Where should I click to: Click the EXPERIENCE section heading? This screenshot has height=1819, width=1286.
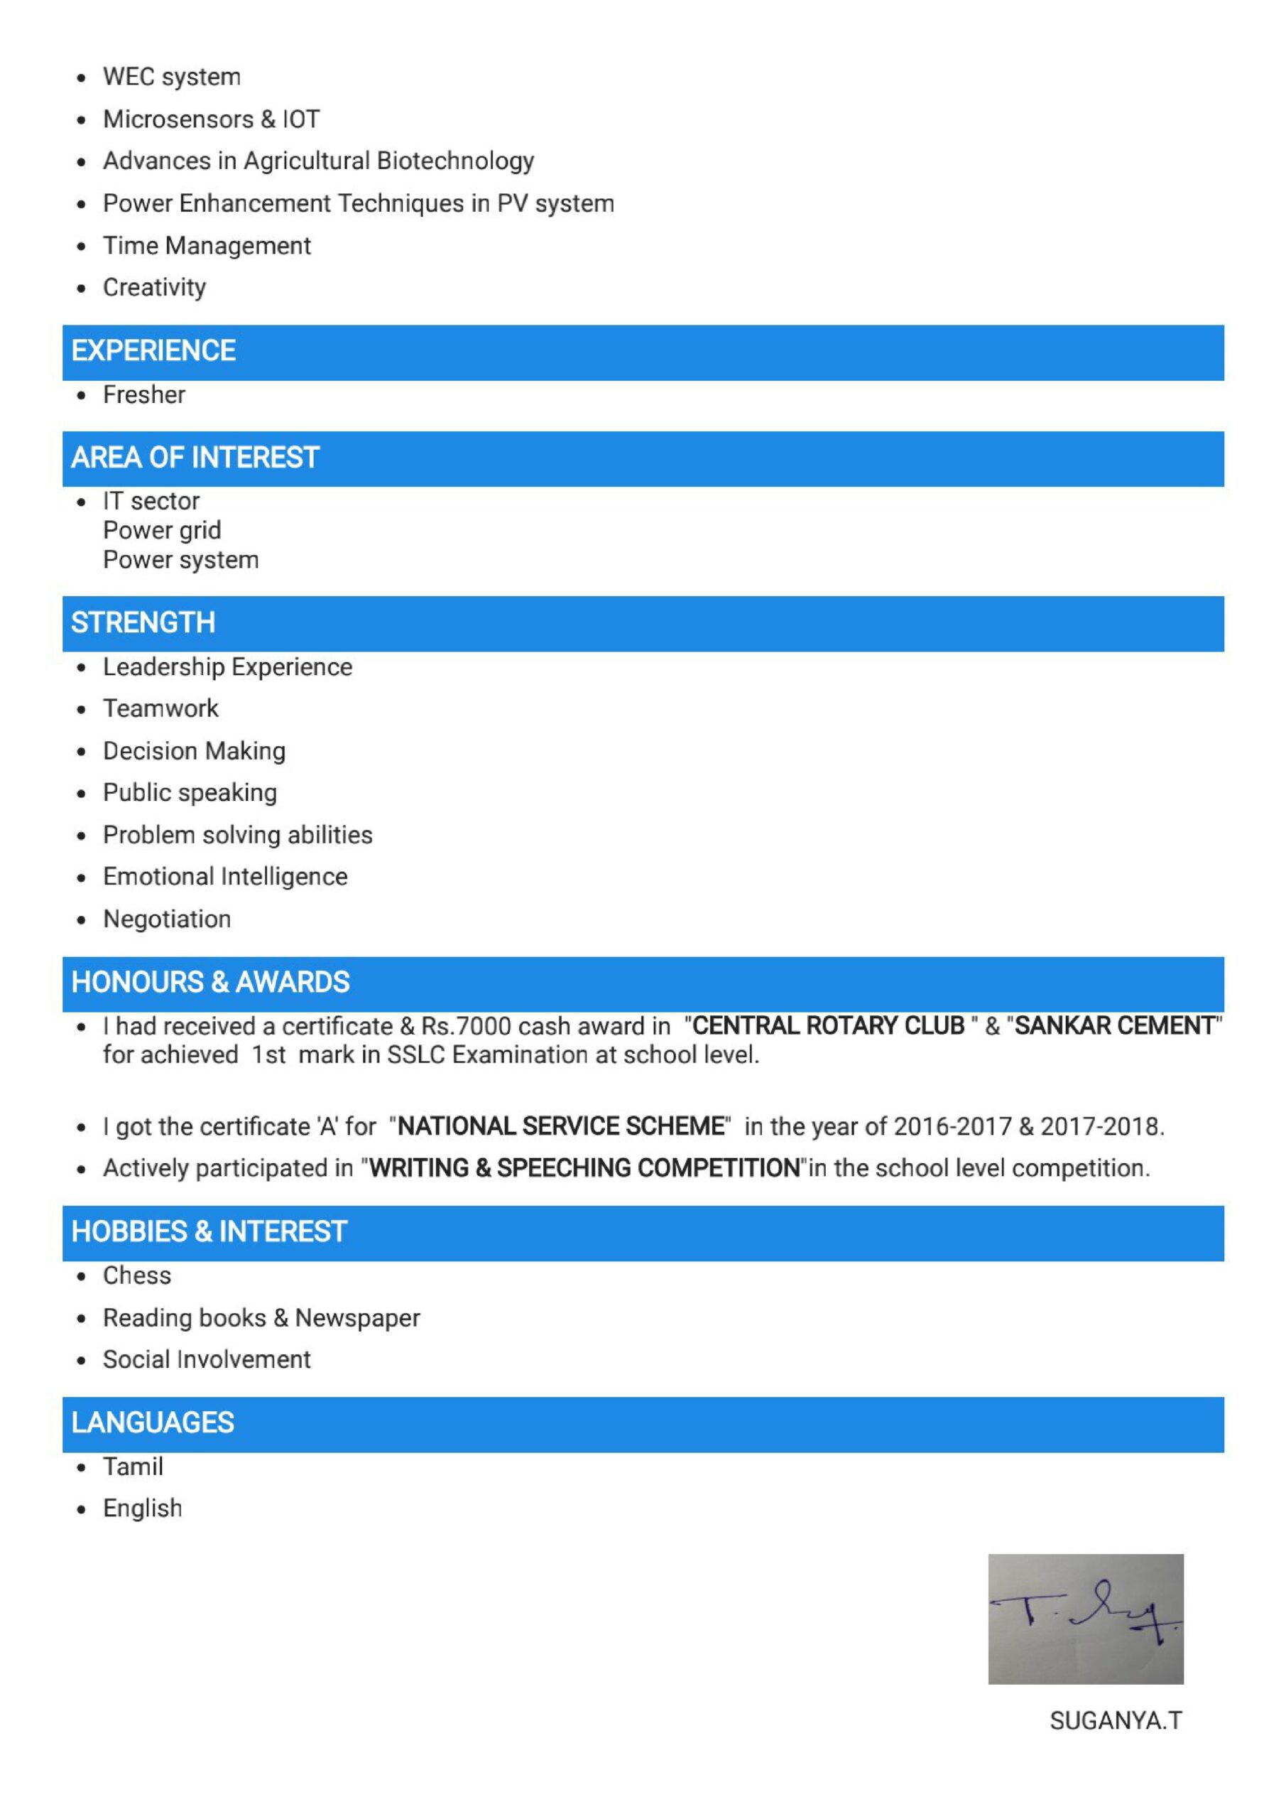coord(153,351)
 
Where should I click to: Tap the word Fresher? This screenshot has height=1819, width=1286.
coord(144,394)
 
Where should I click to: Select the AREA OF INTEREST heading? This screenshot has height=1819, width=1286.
coord(195,458)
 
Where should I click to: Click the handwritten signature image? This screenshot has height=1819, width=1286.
coord(1085,1619)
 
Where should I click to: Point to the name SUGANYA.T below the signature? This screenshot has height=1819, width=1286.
coord(1115,1720)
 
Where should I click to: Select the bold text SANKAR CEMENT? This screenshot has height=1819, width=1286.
coord(1114,1026)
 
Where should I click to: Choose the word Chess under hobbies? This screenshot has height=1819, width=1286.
coord(137,1275)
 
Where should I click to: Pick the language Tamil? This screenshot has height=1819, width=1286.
coord(133,1467)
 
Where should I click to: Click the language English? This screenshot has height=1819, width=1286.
coord(143,1508)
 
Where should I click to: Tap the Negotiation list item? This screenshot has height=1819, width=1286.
coord(167,919)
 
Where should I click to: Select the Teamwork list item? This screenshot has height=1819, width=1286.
coord(160,708)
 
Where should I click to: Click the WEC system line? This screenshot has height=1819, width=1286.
coord(172,77)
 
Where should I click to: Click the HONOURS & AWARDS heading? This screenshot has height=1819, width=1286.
coord(211,983)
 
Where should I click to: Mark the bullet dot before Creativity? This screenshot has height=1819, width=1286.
coord(82,288)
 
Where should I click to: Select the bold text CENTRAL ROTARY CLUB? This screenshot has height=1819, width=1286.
coord(828,1026)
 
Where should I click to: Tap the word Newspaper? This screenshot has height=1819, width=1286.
coord(357,1317)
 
